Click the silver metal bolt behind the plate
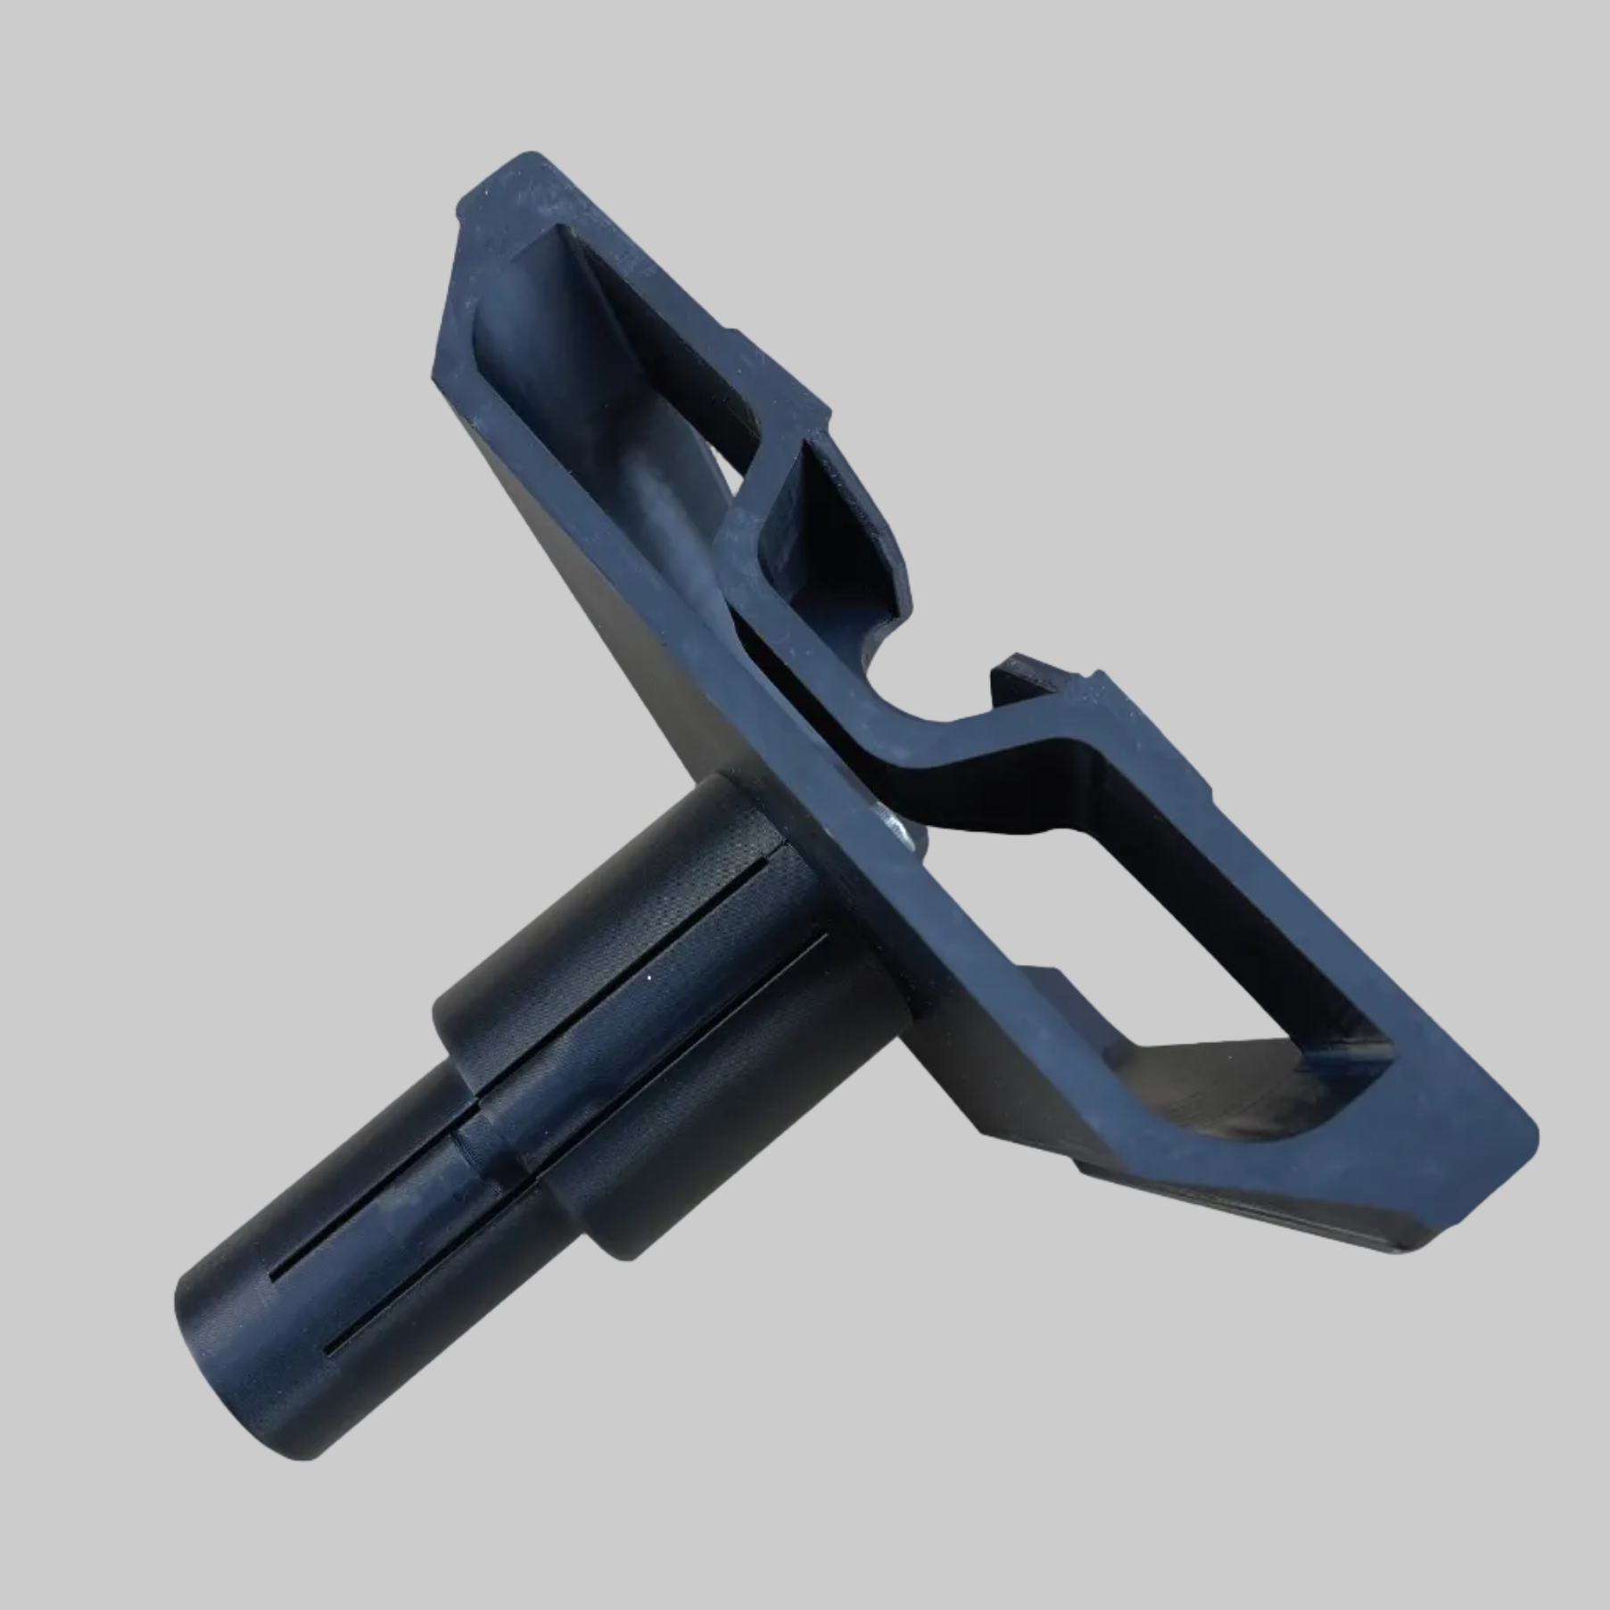pyautogui.click(x=896, y=825)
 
